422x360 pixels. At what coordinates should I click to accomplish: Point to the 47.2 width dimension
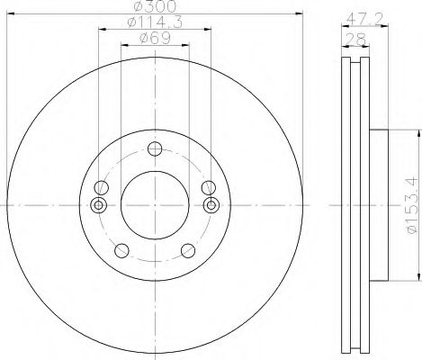point(361,16)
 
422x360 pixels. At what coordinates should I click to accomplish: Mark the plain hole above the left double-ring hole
point(102,187)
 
